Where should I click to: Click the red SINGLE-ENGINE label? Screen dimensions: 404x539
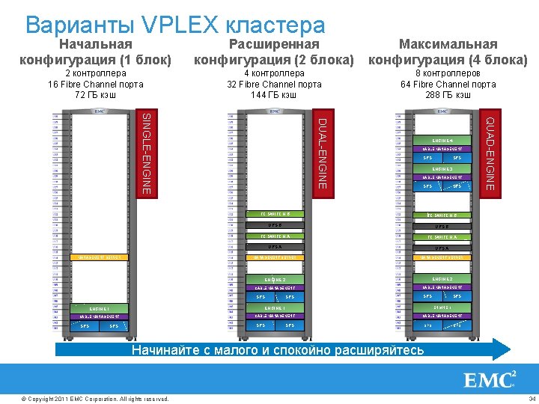coord(147,153)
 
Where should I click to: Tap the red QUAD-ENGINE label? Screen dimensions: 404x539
coord(490,150)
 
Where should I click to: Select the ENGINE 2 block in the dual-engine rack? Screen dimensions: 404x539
coord(275,279)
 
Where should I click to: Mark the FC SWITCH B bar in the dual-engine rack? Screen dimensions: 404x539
coord(275,214)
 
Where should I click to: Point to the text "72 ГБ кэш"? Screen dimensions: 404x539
coord(96,95)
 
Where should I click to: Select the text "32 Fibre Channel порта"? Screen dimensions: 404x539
coord(274,85)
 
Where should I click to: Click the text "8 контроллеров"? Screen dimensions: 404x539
coord(448,74)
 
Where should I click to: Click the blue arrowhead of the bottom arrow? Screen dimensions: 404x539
coord(501,349)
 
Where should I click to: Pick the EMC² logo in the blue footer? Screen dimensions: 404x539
coord(490,380)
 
